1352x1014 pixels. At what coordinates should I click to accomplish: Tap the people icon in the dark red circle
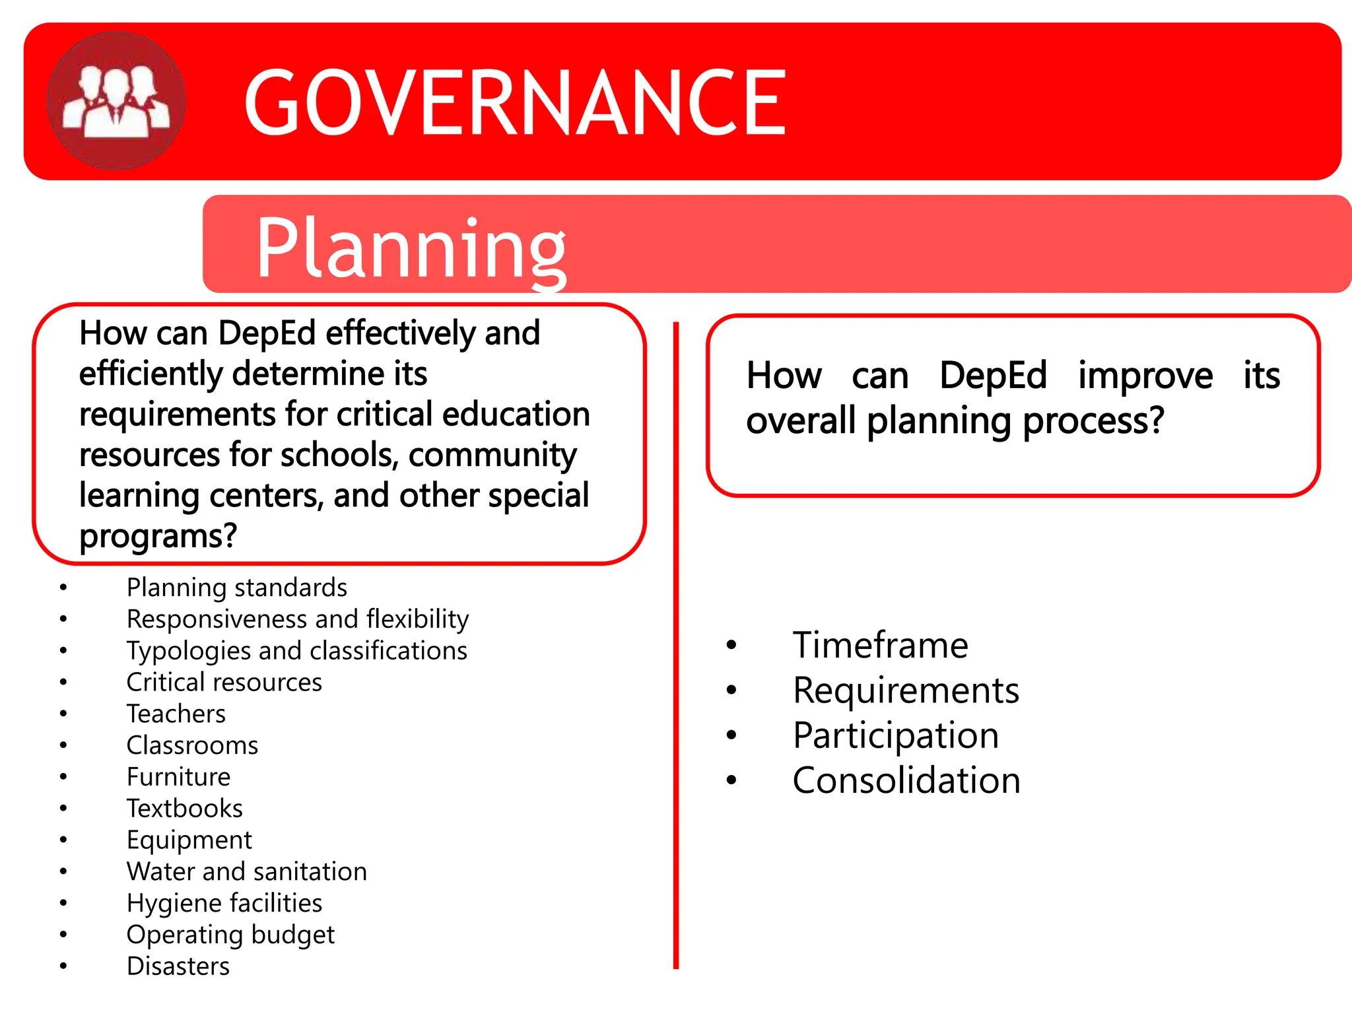tap(116, 101)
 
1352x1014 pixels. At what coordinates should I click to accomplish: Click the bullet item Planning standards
tap(236, 588)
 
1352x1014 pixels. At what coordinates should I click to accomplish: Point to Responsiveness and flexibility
tap(297, 619)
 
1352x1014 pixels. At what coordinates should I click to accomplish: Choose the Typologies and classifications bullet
tap(296, 651)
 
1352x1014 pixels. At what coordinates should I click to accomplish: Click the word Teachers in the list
tap(176, 714)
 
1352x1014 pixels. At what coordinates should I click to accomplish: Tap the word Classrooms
tap(192, 745)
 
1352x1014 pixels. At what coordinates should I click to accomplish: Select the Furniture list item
tap(178, 777)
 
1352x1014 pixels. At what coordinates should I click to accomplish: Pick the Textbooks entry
tap(184, 809)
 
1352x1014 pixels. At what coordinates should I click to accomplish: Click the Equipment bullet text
tap(189, 840)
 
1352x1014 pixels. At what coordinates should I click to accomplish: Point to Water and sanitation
tap(246, 871)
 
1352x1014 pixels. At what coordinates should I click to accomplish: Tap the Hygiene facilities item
tap(224, 903)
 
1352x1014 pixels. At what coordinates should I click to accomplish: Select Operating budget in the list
tap(230, 935)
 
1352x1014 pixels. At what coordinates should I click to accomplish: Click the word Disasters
tap(178, 966)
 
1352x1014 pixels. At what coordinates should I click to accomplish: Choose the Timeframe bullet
tap(880, 645)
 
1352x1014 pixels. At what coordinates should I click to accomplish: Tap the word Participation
tap(896, 735)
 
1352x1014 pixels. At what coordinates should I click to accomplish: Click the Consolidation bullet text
tap(906, 780)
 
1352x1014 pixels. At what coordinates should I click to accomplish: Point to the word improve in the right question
tap(1145, 376)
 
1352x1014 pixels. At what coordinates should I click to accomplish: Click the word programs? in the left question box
tap(158, 536)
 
